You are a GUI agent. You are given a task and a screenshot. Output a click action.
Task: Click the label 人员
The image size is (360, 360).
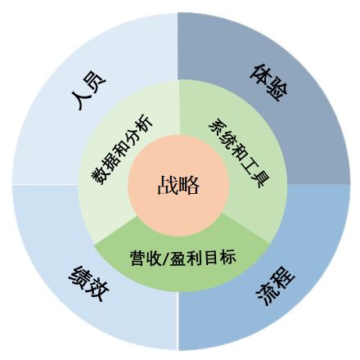[88, 90]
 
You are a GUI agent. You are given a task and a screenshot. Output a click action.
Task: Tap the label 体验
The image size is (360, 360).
[269, 83]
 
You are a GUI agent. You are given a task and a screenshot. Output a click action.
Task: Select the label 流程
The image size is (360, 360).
[276, 286]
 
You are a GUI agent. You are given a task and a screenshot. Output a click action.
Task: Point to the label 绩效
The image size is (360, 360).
[88, 283]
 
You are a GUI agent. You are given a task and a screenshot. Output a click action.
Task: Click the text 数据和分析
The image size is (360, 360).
[121, 150]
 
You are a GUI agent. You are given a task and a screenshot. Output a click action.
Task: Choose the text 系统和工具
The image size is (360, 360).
[239, 153]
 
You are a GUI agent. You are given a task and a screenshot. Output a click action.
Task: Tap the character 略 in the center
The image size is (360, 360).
[189, 185]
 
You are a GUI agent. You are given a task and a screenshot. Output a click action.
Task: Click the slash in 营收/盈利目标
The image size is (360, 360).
[166, 259]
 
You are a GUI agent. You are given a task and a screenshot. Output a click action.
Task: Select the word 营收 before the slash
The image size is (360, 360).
[146, 259]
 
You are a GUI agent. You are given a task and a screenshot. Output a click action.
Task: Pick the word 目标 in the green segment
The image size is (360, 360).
[220, 258]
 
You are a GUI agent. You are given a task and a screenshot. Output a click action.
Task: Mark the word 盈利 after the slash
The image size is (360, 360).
[186, 258]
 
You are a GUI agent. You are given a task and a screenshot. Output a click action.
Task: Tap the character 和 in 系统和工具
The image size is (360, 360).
[239, 152]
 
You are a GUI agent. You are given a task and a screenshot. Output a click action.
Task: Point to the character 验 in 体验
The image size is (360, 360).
[277, 91]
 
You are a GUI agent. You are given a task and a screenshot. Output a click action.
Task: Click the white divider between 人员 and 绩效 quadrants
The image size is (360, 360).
[45, 184]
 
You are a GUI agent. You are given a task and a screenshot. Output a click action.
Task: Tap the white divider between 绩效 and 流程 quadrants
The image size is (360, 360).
[178, 321]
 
